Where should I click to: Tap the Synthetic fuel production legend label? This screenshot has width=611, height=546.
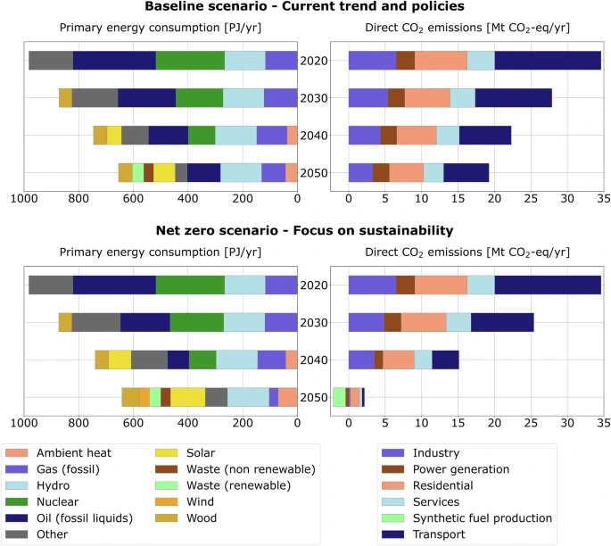pos(482,517)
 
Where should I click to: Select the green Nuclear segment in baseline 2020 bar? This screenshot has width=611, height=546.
pos(190,61)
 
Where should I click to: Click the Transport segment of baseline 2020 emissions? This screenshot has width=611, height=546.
pos(548,61)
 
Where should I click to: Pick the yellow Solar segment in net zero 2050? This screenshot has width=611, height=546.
pos(187,397)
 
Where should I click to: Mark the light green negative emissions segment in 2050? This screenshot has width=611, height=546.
pos(339,397)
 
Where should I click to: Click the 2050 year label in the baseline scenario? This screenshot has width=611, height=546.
pos(314,173)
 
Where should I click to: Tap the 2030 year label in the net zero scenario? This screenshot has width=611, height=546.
pos(314,323)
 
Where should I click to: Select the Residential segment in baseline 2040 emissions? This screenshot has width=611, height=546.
pos(417,136)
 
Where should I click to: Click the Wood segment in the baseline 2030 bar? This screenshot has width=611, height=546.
pos(65,98)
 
